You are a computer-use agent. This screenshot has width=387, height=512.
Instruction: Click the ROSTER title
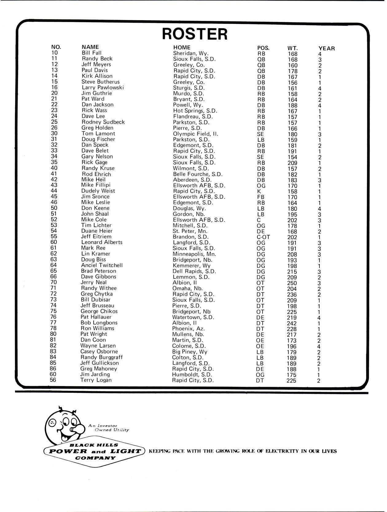tap(195, 34)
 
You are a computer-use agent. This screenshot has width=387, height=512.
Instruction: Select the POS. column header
tap(263, 48)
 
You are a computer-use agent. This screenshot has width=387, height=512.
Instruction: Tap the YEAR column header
tap(326, 48)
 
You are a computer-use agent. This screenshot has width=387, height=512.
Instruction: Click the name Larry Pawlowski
tap(103, 87)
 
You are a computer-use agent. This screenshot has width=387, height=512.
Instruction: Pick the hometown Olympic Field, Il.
tap(196, 134)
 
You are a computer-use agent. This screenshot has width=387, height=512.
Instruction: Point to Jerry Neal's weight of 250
tap(292, 283)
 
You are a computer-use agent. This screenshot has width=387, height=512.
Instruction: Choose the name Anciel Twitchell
tap(102, 265)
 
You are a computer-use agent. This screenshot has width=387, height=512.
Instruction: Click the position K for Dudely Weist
tap(259, 191)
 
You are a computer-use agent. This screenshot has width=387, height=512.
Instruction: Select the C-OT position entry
tap(263, 237)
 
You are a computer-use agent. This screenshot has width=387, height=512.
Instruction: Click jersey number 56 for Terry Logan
tap(54, 380)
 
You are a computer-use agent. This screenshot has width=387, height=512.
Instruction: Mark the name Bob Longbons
tap(99, 323)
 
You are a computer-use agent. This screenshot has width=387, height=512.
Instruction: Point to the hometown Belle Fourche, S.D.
tap(197, 174)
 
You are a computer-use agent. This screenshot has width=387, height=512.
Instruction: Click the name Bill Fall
tap(92, 53)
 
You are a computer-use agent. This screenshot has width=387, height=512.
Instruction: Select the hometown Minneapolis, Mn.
tap(194, 254)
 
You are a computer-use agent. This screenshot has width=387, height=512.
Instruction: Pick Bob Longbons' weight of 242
tap(292, 323)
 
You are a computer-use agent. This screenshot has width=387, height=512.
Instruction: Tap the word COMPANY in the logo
tap(92, 458)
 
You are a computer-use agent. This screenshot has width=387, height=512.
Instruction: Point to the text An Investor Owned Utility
tap(108, 428)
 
